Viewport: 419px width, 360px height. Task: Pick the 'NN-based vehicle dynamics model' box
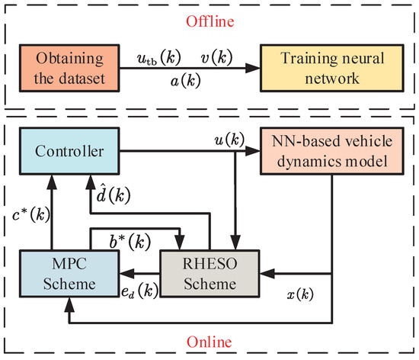tap(332, 152)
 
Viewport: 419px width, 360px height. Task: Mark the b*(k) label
tap(126, 243)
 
